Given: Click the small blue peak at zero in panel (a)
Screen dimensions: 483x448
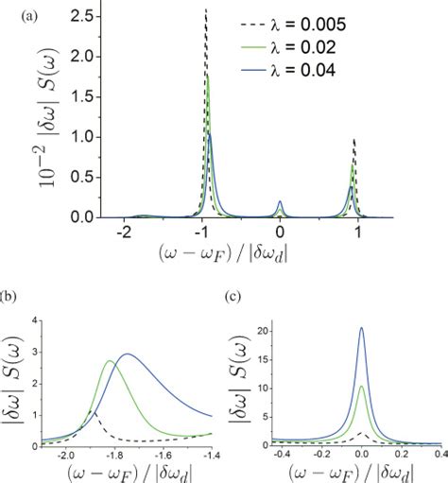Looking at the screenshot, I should pos(280,201).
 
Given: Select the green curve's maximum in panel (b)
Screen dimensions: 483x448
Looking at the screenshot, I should pos(109,361).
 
